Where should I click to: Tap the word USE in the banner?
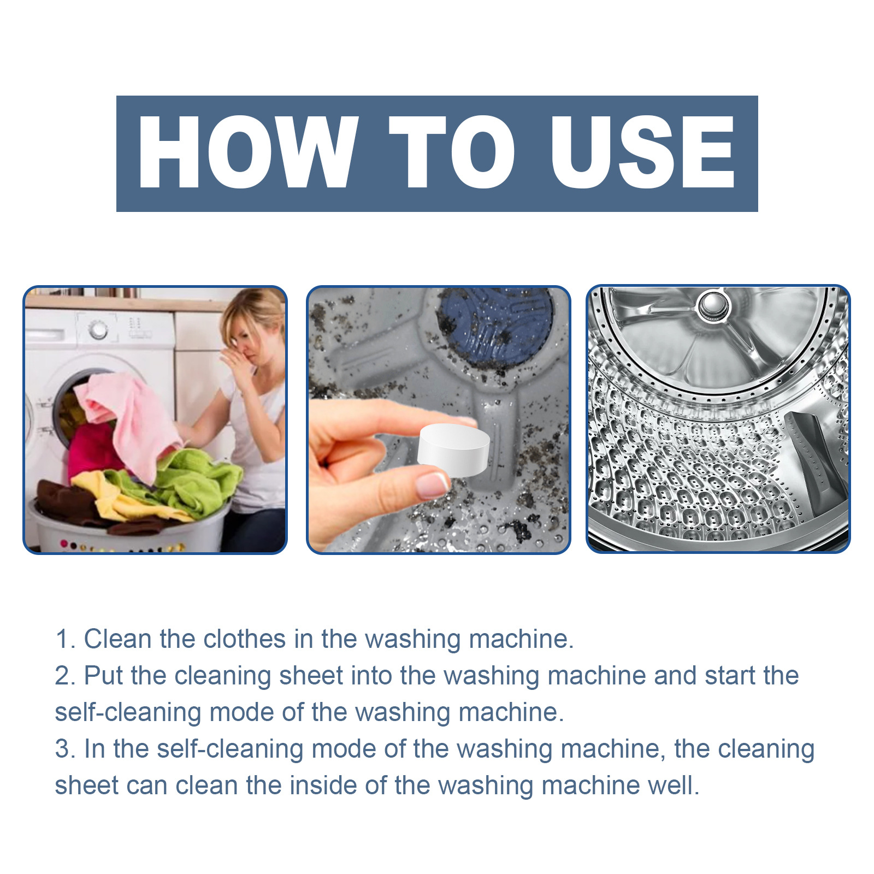(x=642, y=152)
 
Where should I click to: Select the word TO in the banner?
(x=451, y=152)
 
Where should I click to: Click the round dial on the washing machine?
(x=98, y=329)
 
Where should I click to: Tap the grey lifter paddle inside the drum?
(x=814, y=459)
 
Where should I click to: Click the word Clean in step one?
(x=117, y=639)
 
